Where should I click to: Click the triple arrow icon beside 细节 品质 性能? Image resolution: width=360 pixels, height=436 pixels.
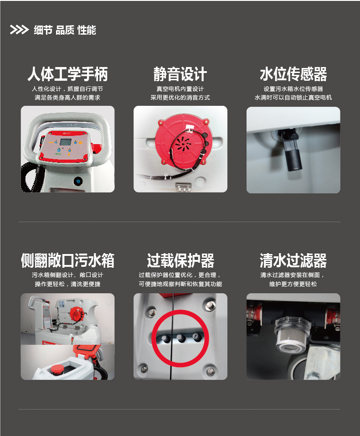tap(19, 30)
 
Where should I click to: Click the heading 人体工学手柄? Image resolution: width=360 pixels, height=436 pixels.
tap(67, 74)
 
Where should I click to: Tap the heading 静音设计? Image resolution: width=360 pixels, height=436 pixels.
tap(180, 74)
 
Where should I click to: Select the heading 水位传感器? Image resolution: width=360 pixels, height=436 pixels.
tap(293, 74)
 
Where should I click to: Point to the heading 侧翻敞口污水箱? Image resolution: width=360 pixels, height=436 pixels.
tap(67, 260)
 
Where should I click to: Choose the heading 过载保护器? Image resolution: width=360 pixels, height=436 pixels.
tap(180, 260)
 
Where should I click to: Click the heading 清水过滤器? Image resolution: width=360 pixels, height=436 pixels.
tap(293, 260)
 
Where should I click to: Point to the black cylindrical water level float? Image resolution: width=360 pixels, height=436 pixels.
tap(294, 160)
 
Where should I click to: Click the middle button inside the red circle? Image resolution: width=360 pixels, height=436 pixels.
tap(181, 338)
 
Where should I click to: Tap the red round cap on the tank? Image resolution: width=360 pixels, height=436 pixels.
tap(57, 369)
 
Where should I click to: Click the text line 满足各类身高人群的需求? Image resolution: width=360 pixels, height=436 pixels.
tap(67, 98)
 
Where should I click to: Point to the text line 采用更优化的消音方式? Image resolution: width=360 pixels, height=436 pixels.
tap(180, 98)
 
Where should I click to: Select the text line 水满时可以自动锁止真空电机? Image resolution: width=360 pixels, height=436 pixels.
tap(293, 98)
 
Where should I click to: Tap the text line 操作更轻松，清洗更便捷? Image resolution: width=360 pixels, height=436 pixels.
tap(67, 284)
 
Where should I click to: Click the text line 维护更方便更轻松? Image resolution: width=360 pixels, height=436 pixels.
tap(293, 284)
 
